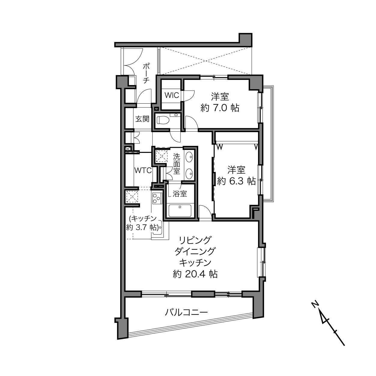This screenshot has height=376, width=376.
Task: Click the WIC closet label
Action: pyautogui.click(x=172, y=95)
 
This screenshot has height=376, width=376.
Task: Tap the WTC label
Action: pyautogui.click(x=143, y=170)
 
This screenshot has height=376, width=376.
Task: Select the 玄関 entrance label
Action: pyautogui.click(x=142, y=119)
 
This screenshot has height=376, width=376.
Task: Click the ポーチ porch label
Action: pyautogui.click(x=146, y=73)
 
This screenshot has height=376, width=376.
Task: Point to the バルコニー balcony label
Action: pyautogui.click(x=186, y=312)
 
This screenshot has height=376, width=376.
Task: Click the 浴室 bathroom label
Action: pyautogui.click(x=180, y=194)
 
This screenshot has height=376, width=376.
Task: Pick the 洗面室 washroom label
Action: pyautogui.click(x=177, y=164)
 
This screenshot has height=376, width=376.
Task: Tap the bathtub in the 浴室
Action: pyautogui.click(x=180, y=211)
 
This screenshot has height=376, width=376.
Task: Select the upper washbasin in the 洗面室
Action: pyautogui.click(x=189, y=157)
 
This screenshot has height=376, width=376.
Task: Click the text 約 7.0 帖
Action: pyautogui.click(x=220, y=108)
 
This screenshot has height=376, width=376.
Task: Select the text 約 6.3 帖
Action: pyautogui.click(x=236, y=181)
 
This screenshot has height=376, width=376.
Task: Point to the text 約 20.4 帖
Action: pyautogui.click(x=195, y=274)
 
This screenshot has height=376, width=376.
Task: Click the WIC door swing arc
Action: pyautogui.click(x=189, y=96)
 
